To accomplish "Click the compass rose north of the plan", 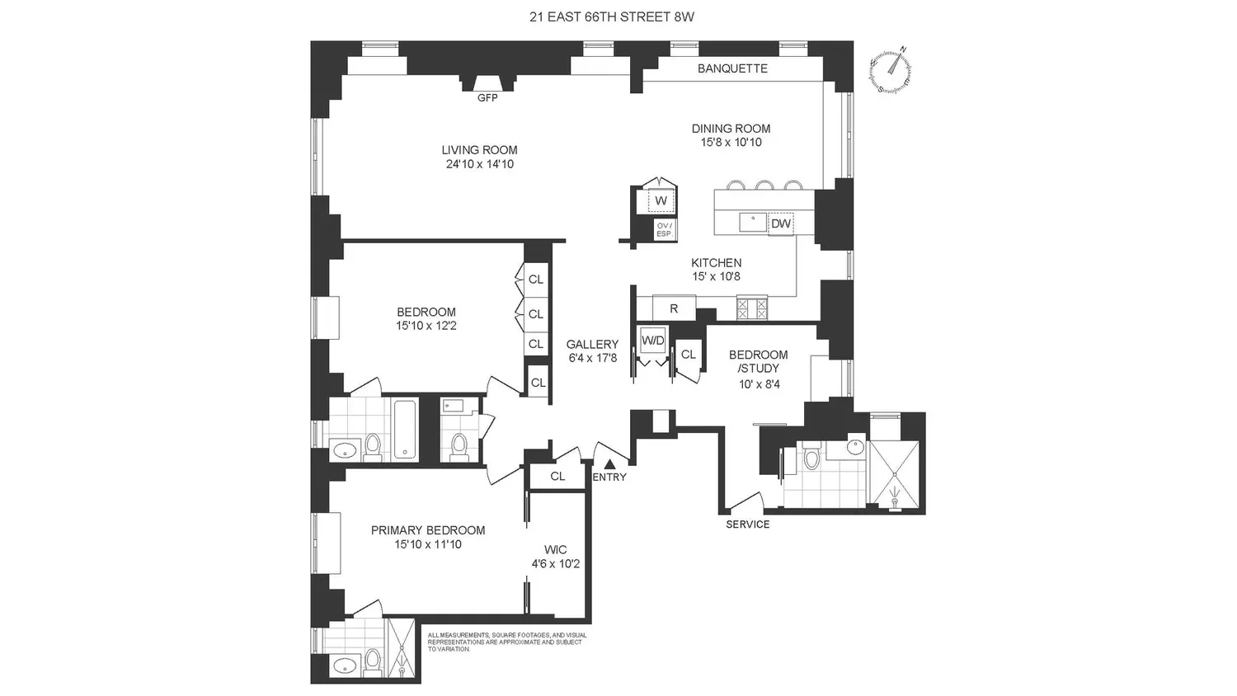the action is pyautogui.click(x=890, y=68).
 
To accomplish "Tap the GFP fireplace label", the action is pyautogui.click(x=487, y=98).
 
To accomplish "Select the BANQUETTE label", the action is pyautogui.click(x=732, y=68).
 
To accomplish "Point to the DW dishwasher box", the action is pyautogui.click(x=781, y=223).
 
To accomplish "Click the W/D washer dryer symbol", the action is pyautogui.click(x=653, y=341).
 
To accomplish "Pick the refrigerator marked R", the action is pyautogui.click(x=674, y=308).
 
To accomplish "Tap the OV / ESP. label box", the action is pyautogui.click(x=665, y=230).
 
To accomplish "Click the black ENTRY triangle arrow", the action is pyautogui.click(x=609, y=464).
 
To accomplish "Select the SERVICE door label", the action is pyautogui.click(x=748, y=524).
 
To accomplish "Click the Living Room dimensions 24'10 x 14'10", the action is pyautogui.click(x=480, y=164).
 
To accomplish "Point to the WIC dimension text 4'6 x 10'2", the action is pyautogui.click(x=556, y=564).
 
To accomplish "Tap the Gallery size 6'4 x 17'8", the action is pyautogui.click(x=593, y=358).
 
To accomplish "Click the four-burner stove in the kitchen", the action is pyautogui.click(x=752, y=308).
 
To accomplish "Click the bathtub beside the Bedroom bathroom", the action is pyautogui.click(x=406, y=430).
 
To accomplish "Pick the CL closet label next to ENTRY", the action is pyautogui.click(x=557, y=476).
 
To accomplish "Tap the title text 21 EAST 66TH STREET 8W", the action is pyautogui.click(x=612, y=17).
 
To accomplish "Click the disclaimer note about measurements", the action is pyautogui.click(x=507, y=642).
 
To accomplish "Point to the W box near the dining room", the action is pyautogui.click(x=661, y=200).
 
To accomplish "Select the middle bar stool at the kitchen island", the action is pyautogui.click(x=764, y=185).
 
